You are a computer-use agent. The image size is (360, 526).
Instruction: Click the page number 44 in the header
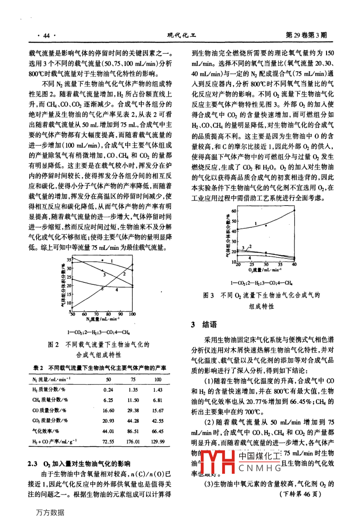[46, 36]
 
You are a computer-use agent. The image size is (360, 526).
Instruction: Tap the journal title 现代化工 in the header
[182, 35]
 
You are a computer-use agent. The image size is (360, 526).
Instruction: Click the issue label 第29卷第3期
[306, 35]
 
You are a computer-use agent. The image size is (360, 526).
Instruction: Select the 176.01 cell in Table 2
[133, 442]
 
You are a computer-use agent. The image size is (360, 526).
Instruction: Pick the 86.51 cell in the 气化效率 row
[133, 431]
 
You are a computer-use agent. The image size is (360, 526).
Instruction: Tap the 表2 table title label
[38, 368]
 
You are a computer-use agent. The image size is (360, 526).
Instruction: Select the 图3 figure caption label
[208, 295]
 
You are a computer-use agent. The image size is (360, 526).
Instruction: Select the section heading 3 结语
[204, 325]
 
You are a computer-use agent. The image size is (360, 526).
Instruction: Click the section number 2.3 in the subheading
[33, 463]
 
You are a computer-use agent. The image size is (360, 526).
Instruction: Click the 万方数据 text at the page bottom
[50, 513]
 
